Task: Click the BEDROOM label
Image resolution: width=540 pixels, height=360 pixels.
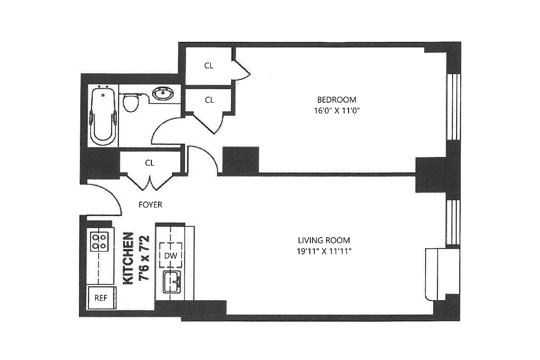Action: (336, 99)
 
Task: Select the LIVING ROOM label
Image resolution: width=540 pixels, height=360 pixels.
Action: (324, 240)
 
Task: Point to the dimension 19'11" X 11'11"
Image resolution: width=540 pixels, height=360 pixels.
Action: (324, 251)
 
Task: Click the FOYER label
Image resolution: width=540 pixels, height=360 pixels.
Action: (150, 205)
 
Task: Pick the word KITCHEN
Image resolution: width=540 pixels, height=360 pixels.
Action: (128, 258)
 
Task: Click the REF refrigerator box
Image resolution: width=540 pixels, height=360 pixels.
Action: (100, 298)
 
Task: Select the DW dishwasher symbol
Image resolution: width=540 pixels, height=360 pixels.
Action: (170, 255)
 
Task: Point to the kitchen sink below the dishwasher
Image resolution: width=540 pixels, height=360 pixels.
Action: (172, 282)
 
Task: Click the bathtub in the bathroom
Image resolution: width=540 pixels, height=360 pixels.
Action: (103, 116)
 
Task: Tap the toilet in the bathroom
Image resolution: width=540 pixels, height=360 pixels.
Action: (131, 103)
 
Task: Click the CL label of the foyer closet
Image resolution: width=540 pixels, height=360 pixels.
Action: (150, 163)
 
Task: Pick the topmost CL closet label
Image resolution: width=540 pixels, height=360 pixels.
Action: (209, 66)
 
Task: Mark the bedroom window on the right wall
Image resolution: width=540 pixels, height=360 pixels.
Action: (454, 107)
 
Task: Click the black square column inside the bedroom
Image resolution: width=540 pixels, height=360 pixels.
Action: (241, 160)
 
